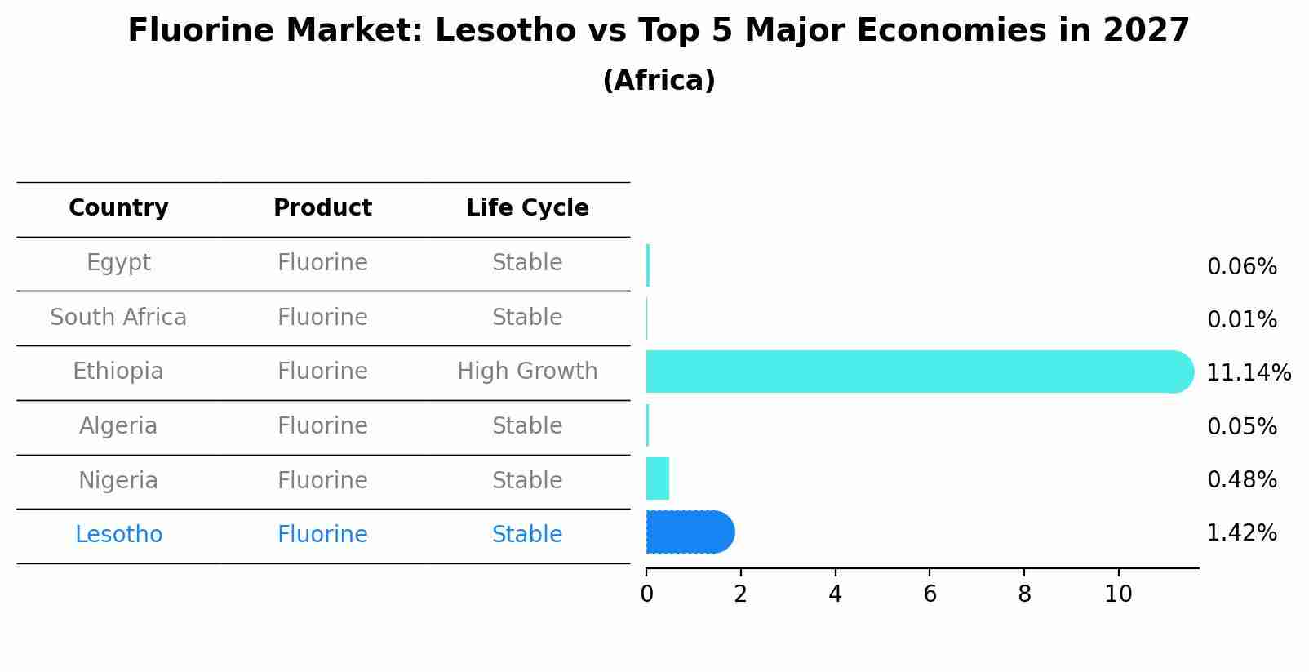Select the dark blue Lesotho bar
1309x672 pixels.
[690, 532]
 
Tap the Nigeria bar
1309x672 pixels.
[658, 478]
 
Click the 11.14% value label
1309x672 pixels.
[1248, 373]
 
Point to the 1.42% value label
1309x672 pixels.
[1241, 533]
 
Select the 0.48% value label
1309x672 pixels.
[1241, 480]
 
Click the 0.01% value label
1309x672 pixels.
[1241, 320]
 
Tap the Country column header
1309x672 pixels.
[118, 208]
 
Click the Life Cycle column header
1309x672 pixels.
[527, 208]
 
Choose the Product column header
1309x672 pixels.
[322, 208]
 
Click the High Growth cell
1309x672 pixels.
[527, 372]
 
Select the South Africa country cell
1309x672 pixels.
[118, 318]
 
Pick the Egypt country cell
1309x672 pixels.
[118, 263]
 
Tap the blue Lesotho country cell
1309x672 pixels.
[118, 535]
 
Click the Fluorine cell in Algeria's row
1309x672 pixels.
[322, 426]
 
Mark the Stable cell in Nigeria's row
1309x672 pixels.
[527, 481]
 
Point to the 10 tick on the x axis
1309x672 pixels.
[1118, 594]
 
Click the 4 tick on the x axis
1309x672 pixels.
[835, 594]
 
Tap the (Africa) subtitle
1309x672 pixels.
[659, 81]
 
